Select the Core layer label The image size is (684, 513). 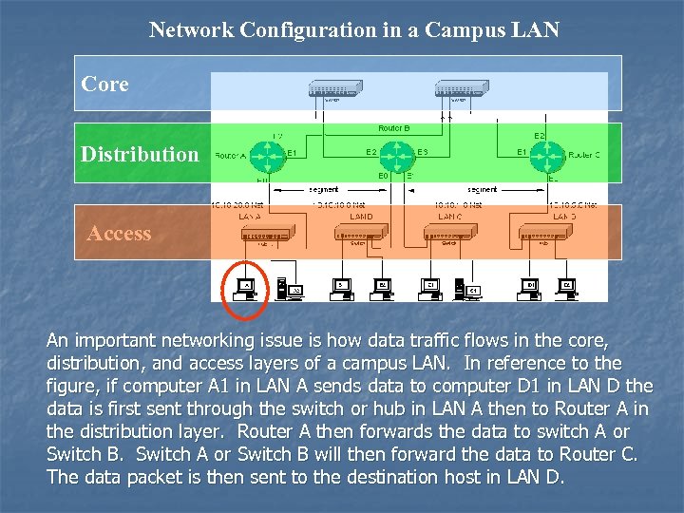[105, 84]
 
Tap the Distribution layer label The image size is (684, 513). [140, 154]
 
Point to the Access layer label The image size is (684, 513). [119, 233]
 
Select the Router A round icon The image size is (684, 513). [269, 154]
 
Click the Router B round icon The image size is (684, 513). [404, 154]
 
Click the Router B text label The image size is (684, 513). [393, 127]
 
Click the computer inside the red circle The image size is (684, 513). [246, 288]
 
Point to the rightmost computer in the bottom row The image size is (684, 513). [567, 286]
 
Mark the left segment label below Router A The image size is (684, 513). [323, 189]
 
